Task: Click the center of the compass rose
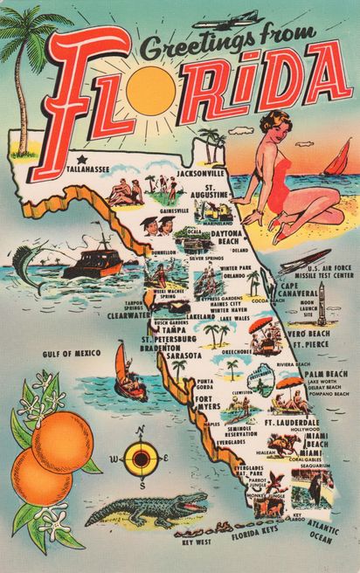tap(140, 457)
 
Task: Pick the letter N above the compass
tap(140, 430)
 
